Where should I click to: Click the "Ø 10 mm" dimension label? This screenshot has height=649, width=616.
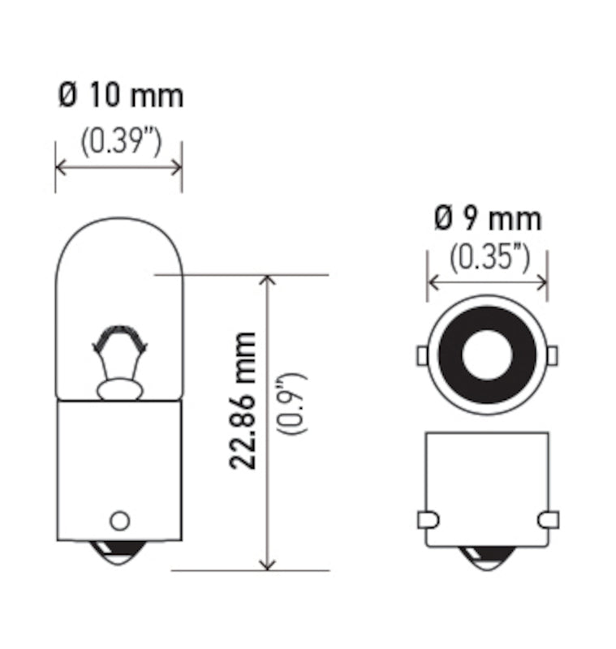point(120,96)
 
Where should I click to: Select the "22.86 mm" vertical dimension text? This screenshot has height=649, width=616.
point(243,400)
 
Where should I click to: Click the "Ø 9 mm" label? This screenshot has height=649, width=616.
point(488,218)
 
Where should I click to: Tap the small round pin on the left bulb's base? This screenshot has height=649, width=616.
point(119,519)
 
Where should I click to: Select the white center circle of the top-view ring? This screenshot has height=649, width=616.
point(487,355)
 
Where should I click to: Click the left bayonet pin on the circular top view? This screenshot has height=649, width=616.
point(421,355)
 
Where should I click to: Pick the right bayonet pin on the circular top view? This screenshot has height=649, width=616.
point(553,355)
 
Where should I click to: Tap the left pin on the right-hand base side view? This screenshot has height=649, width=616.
point(429,519)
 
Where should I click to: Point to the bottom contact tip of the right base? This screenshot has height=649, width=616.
point(488,557)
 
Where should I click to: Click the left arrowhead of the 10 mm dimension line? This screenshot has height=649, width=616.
point(60,167)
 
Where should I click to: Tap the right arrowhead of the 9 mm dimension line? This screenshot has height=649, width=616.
point(542,282)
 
